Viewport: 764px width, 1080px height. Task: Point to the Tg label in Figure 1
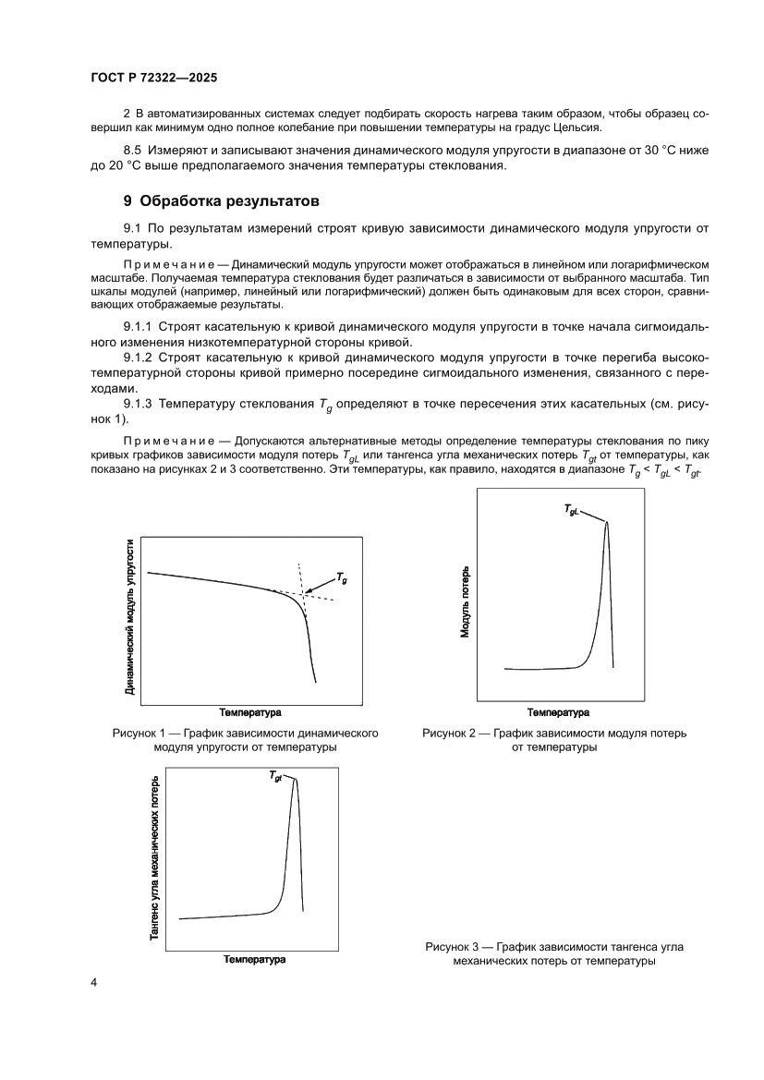[x=342, y=577]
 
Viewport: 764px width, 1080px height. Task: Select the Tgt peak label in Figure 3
[x=276, y=777]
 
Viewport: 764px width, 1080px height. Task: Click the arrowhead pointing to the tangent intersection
[x=309, y=590]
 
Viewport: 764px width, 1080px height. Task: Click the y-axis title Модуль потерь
[x=467, y=602]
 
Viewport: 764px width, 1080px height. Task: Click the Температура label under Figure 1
[x=250, y=712]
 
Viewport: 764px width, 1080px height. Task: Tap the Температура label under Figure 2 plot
[x=558, y=712]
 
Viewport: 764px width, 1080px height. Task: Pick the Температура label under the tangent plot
[x=254, y=959]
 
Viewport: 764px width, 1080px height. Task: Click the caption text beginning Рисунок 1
[x=247, y=740]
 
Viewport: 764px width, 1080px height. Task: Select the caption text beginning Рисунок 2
[x=554, y=740]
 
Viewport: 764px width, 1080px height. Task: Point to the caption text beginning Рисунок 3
[x=554, y=953]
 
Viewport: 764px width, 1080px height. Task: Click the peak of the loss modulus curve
[x=607, y=523]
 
